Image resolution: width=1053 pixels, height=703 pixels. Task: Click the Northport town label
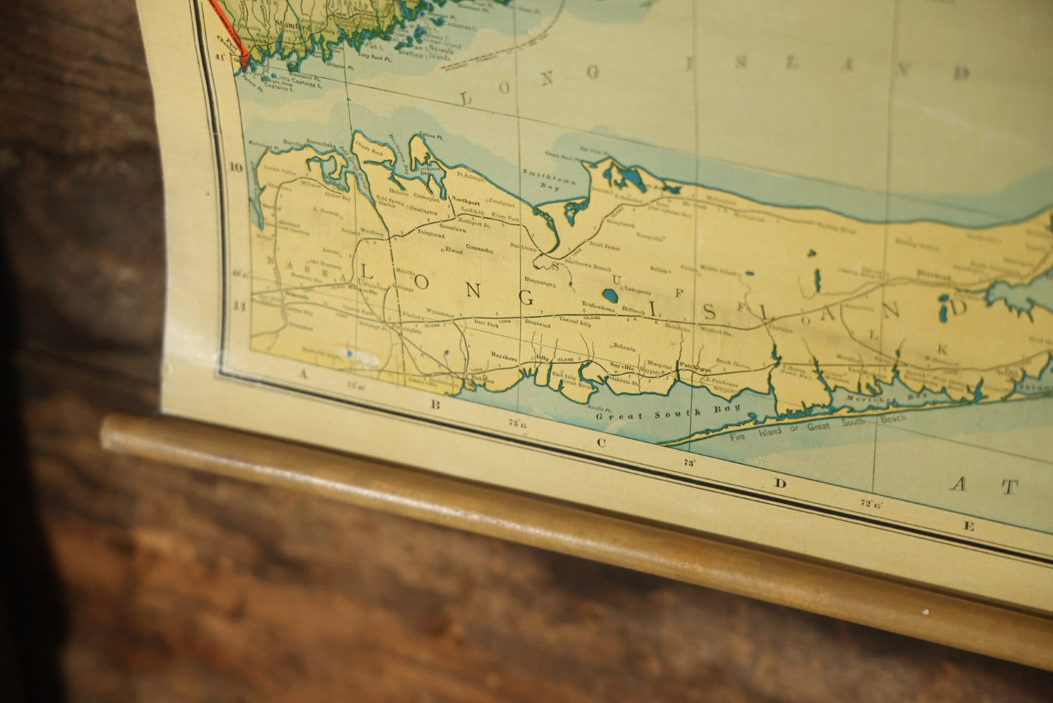pos(466,198)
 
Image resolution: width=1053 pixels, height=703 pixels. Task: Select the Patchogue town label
pos(693,362)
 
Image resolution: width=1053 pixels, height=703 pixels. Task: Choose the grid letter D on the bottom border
pos(780,483)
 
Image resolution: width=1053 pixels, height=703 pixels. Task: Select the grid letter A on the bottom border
pos(300,373)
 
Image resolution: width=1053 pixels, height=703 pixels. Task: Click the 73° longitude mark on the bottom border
pos(688,462)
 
